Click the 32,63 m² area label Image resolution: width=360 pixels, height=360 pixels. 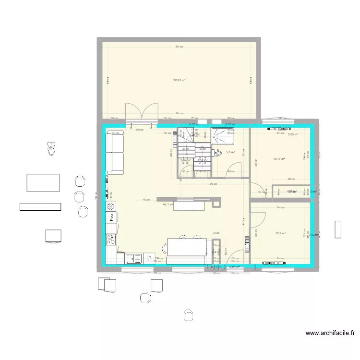tap(180, 80)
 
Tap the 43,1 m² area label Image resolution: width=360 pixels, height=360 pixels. tap(168, 204)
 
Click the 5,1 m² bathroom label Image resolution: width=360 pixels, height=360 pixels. tap(230, 152)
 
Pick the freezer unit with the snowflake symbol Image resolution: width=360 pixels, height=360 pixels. tap(110, 248)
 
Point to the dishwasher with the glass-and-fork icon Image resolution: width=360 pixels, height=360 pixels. tap(111, 237)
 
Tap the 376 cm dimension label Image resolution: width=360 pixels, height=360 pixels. tap(213, 183)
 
